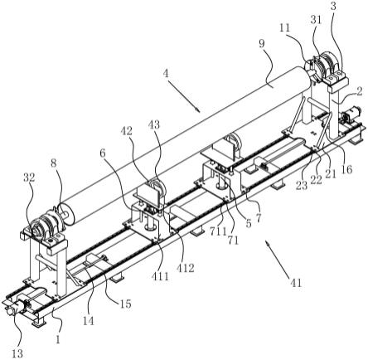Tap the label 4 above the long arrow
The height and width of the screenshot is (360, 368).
[166, 74]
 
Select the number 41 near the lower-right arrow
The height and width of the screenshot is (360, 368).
[295, 283]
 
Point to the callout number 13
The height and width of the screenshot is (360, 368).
[17, 353]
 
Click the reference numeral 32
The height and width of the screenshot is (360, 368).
[28, 178]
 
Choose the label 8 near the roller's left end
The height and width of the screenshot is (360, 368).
[54, 163]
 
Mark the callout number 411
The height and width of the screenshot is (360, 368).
[161, 276]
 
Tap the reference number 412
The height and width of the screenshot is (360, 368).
[186, 267]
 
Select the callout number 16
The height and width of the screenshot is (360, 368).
[347, 168]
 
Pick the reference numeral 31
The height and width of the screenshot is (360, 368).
[316, 20]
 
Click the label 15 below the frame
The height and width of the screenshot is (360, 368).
[124, 304]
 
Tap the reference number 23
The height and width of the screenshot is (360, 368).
[302, 185]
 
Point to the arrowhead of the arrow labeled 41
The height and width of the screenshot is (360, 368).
[267, 242]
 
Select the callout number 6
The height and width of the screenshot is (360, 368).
[103, 153]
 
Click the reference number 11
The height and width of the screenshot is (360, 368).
[284, 27]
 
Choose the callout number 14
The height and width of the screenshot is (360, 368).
[89, 321]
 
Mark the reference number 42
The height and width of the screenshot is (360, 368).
[126, 130]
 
